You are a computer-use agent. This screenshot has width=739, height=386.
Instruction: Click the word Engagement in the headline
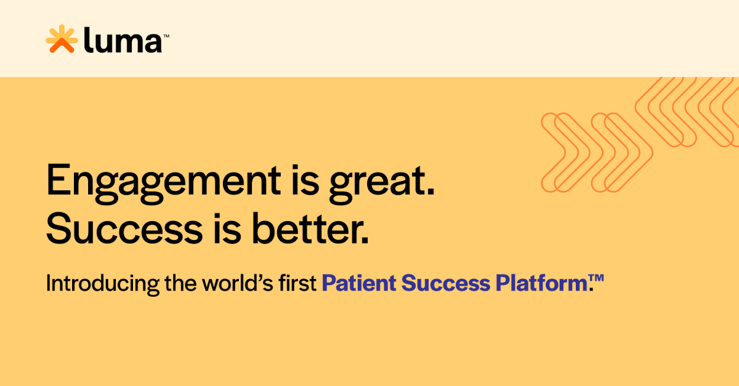[x=162, y=181]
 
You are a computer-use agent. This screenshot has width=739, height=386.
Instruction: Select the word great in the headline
[x=380, y=181]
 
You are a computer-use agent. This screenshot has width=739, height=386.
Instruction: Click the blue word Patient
[x=358, y=283]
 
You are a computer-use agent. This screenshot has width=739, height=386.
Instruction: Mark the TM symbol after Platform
[x=597, y=279]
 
